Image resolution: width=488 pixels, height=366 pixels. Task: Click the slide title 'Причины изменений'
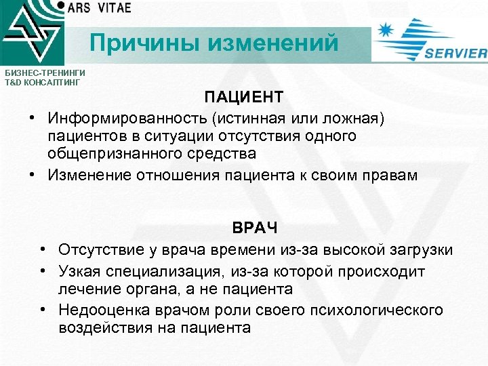[x=214, y=43]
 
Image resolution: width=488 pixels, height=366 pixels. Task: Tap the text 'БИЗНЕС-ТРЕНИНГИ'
[x=41, y=72]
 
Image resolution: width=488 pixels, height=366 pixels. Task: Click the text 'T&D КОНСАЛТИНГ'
[x=41, y=82]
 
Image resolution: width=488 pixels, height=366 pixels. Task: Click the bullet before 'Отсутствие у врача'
[x=43, y=250]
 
